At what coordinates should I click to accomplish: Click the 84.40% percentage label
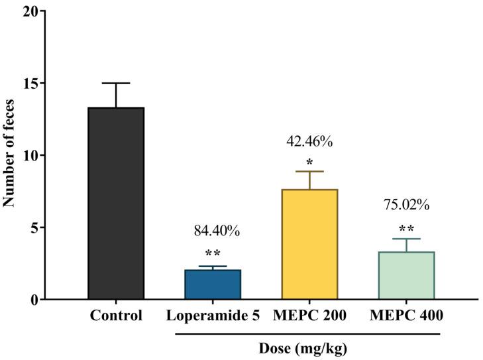[x=217, y=231]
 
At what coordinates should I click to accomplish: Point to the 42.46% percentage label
[x=309, y=141]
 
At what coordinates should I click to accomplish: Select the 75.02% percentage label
[x=406, y=205]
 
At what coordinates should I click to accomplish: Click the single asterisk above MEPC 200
[x=309, y=162]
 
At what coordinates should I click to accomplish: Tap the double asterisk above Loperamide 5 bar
[x=213, y=253]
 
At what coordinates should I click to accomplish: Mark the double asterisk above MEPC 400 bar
[x=406, y=229]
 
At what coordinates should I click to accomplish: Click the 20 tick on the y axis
[x=30, y=11]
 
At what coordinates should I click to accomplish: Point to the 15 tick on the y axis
[x=30, y=84]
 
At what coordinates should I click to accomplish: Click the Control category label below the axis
[x=116, y=316]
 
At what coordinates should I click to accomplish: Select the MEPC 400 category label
[x=405, y=316]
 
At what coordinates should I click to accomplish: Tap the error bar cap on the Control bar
[x=116, y=84]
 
